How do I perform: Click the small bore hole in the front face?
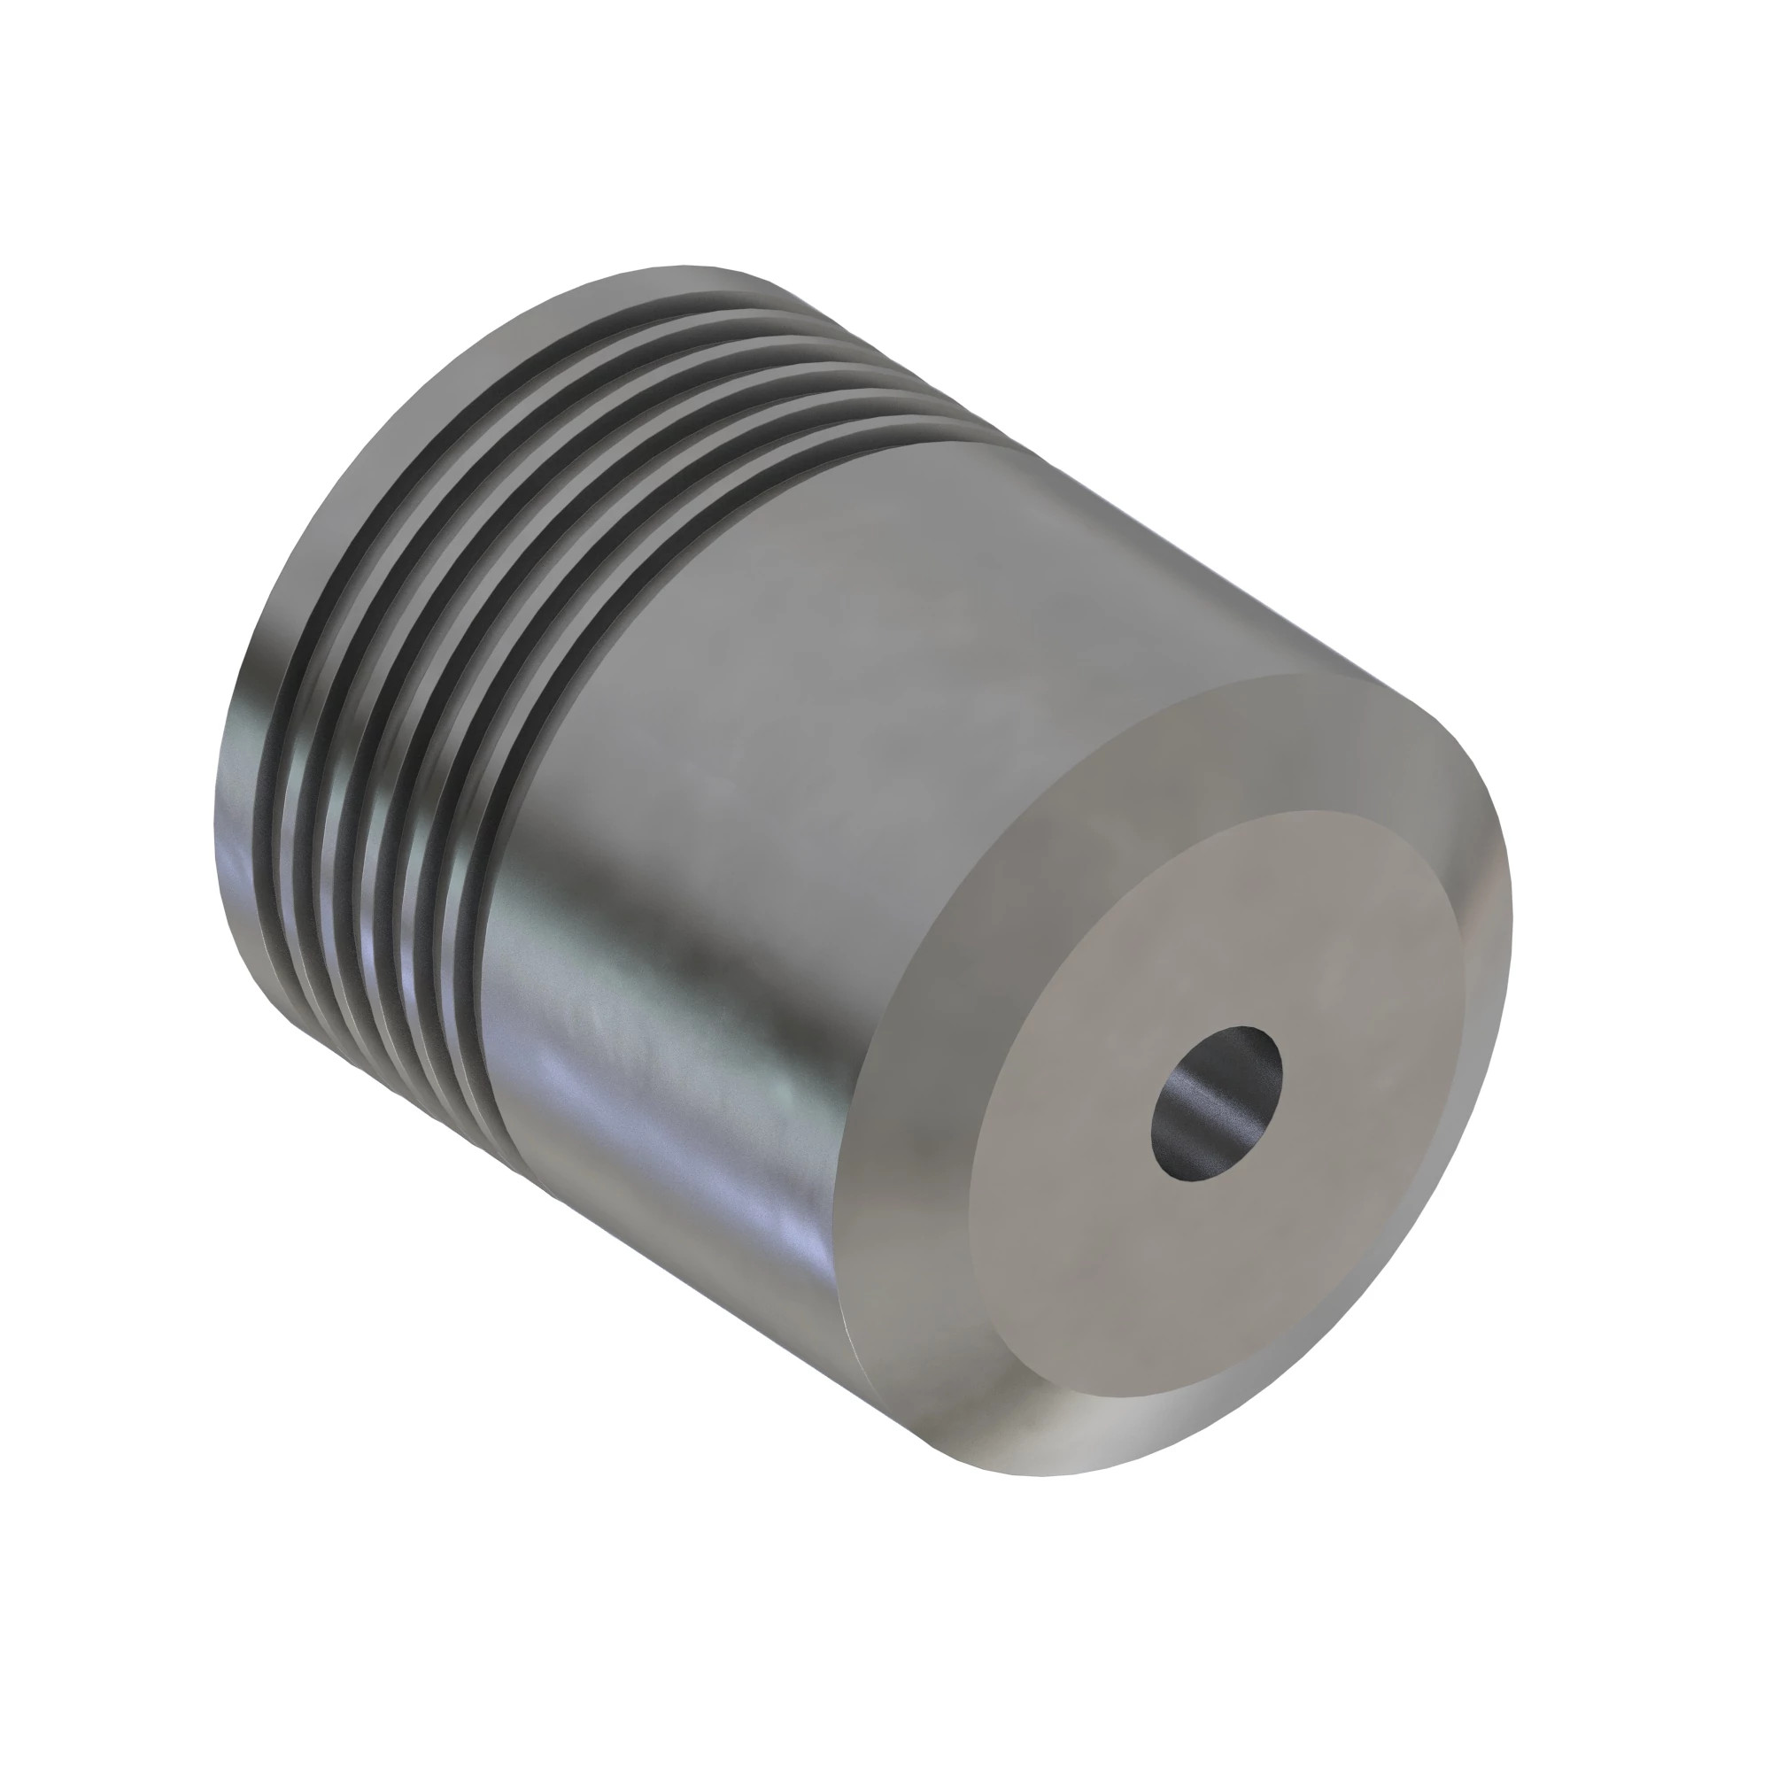tap(1217, 1103)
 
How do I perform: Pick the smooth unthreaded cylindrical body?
tap(825, 733)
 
